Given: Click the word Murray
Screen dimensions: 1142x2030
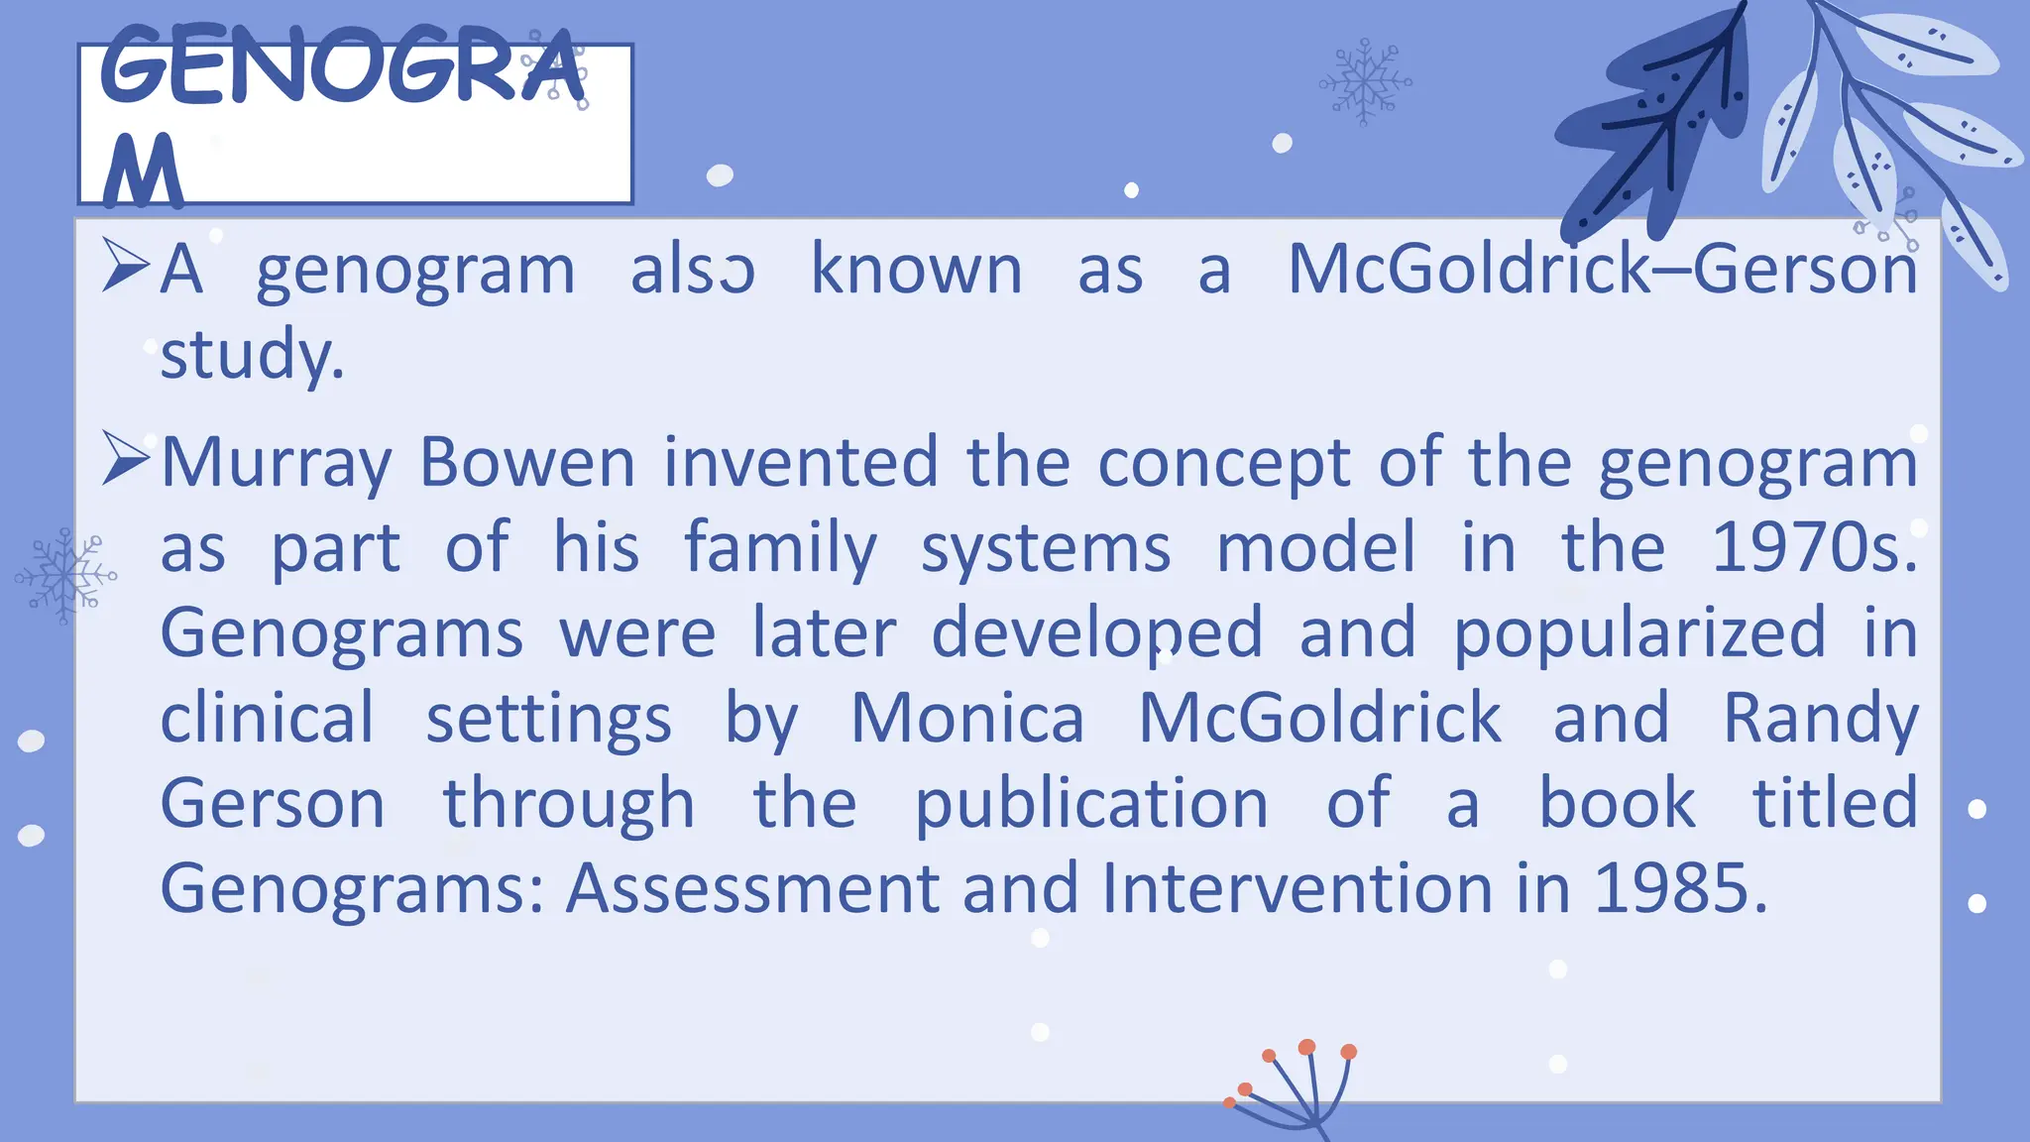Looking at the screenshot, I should pos(277,463).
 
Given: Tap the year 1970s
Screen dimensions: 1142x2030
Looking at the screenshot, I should pos(1813,547).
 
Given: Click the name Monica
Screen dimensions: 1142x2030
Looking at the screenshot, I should pos(967,718).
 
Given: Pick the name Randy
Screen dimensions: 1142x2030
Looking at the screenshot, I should pos(1820,720).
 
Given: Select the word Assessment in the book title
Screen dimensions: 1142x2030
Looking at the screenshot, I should pos(752,888).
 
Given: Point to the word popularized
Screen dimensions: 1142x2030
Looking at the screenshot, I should pos(1638,634).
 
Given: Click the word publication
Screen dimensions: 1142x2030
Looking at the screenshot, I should pos(1090,805).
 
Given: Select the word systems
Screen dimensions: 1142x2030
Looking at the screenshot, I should pos(1045,549).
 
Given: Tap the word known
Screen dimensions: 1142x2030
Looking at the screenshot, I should pos(916,270).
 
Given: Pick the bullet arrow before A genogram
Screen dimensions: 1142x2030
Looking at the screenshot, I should pos(125,268).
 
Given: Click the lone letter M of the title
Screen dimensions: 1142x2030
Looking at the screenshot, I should pos(143,171).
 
